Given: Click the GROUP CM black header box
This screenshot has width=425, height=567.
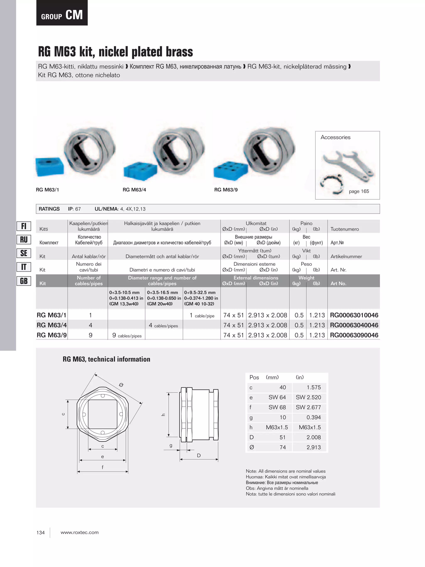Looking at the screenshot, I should coord(62,13).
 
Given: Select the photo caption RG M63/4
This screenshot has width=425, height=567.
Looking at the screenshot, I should coord(134,190).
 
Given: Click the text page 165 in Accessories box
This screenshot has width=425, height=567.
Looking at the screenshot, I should coord(359,191).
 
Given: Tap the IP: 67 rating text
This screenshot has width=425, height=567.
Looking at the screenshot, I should coord(74,209).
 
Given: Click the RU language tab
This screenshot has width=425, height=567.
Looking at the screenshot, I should coord(24,240).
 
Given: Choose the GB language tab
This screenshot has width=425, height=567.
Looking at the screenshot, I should coord(24,281).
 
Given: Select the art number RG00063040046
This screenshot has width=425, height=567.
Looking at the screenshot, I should coord(354,325).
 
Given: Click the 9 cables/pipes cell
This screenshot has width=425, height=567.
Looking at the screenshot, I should coord(127,335).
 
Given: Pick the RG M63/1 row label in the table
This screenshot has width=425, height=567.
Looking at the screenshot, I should coord(51,315).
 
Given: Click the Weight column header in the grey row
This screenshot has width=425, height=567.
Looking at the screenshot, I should coord(306,278).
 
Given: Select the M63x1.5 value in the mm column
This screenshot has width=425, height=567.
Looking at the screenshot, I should coord(277,427).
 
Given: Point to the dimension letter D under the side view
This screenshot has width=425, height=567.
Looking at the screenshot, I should coord(199,456).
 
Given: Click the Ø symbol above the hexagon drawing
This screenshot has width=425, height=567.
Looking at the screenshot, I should coord(121,385).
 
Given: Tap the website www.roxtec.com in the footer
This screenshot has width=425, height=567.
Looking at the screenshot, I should coord(79,532).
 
